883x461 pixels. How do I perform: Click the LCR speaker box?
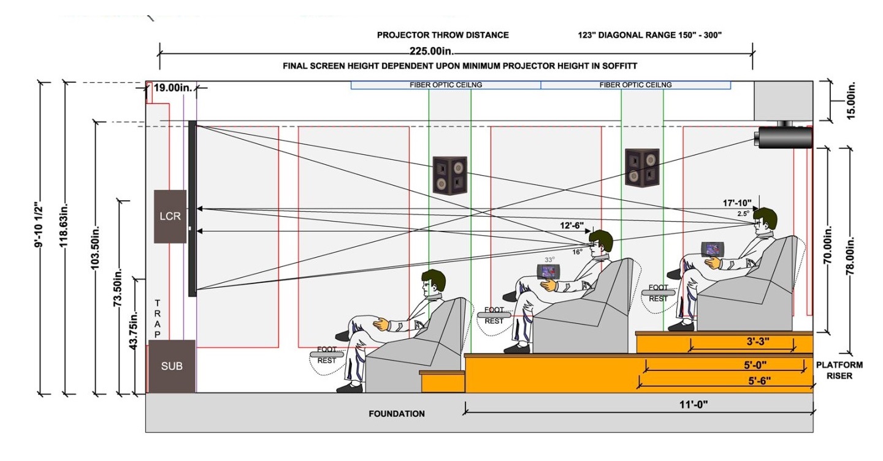point(170,216)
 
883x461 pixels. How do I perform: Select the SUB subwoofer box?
point(172,366)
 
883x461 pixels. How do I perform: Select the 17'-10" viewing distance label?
point(738,203)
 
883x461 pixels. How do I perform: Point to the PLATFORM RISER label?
point(839,370)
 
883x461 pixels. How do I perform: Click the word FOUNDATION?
point(396,414)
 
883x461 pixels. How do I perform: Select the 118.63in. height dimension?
point(69,238)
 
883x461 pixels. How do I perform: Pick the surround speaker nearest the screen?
point(449,175)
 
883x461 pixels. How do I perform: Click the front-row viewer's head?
point(434,282)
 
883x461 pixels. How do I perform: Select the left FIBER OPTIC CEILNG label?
point(446,85)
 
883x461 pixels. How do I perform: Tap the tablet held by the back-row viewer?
point(713,249)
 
